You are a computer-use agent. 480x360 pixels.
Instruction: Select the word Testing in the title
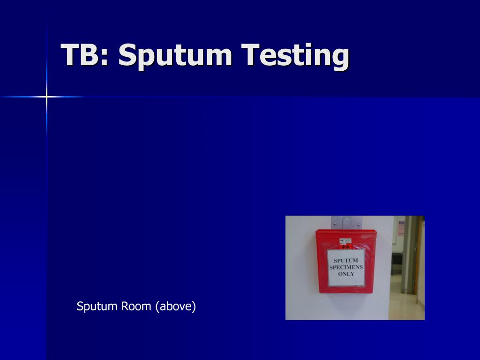click(295, 55)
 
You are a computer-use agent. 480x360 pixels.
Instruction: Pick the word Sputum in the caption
click(97, 307)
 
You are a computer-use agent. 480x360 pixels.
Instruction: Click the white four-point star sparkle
click(46, 97)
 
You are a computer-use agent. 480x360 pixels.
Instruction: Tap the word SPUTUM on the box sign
click(346, 261)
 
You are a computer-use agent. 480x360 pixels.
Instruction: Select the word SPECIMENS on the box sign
click(346, 267)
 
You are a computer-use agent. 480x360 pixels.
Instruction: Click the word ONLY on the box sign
click(346, 274)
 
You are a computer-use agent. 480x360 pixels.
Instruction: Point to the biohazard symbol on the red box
click(345, 246)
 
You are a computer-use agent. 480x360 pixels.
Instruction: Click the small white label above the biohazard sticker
click(345, 240)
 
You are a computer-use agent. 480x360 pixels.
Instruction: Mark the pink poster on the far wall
click(401, 228)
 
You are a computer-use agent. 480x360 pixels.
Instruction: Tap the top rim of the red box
click(346, 231)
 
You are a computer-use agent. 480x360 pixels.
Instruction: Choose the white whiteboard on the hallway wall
click(395, 230)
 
